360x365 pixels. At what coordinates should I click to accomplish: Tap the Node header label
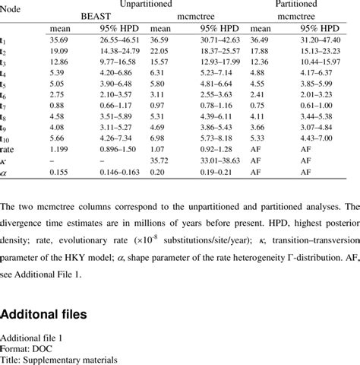11,5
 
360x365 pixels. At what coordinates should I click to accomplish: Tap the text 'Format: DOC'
28,350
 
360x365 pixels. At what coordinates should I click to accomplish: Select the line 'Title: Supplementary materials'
59,360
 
